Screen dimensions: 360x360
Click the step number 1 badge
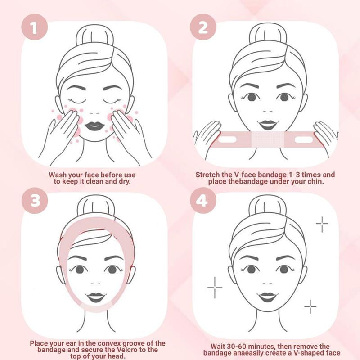coord(35,28)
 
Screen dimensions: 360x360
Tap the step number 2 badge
coord(203,28)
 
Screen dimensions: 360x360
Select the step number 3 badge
coord(35,199)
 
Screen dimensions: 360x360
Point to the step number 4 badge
coord(203,199)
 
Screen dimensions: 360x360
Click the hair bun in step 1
coord(93,38)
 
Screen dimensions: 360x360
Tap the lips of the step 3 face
coord(95,297)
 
